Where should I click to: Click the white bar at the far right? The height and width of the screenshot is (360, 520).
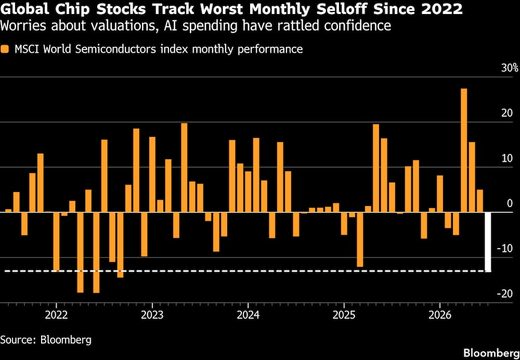click(488, 242)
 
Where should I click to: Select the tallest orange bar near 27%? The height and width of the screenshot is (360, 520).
click(464, 150)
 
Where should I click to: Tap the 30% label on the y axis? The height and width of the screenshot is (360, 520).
click(510, 68)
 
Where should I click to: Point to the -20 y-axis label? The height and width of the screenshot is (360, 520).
click(505, 293)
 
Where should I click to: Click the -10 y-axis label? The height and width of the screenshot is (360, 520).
click(505, 249)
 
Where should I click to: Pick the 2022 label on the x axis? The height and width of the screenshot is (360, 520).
click(56, 315)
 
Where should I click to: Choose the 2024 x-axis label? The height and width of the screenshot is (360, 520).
click(248, 315)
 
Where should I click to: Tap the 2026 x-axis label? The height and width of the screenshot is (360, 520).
click(440, 315)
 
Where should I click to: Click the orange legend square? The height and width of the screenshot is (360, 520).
click(5, 49)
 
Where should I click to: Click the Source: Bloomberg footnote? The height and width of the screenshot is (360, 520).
click(46, 340)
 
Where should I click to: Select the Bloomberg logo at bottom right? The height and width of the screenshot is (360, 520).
click(491, 352)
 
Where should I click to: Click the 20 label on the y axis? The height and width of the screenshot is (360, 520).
click(508, 113)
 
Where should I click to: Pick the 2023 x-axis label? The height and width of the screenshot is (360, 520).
click(152, 315)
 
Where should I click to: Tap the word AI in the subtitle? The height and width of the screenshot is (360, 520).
click(170, 26)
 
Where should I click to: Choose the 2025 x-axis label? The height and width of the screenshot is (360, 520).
click(344, 315)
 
